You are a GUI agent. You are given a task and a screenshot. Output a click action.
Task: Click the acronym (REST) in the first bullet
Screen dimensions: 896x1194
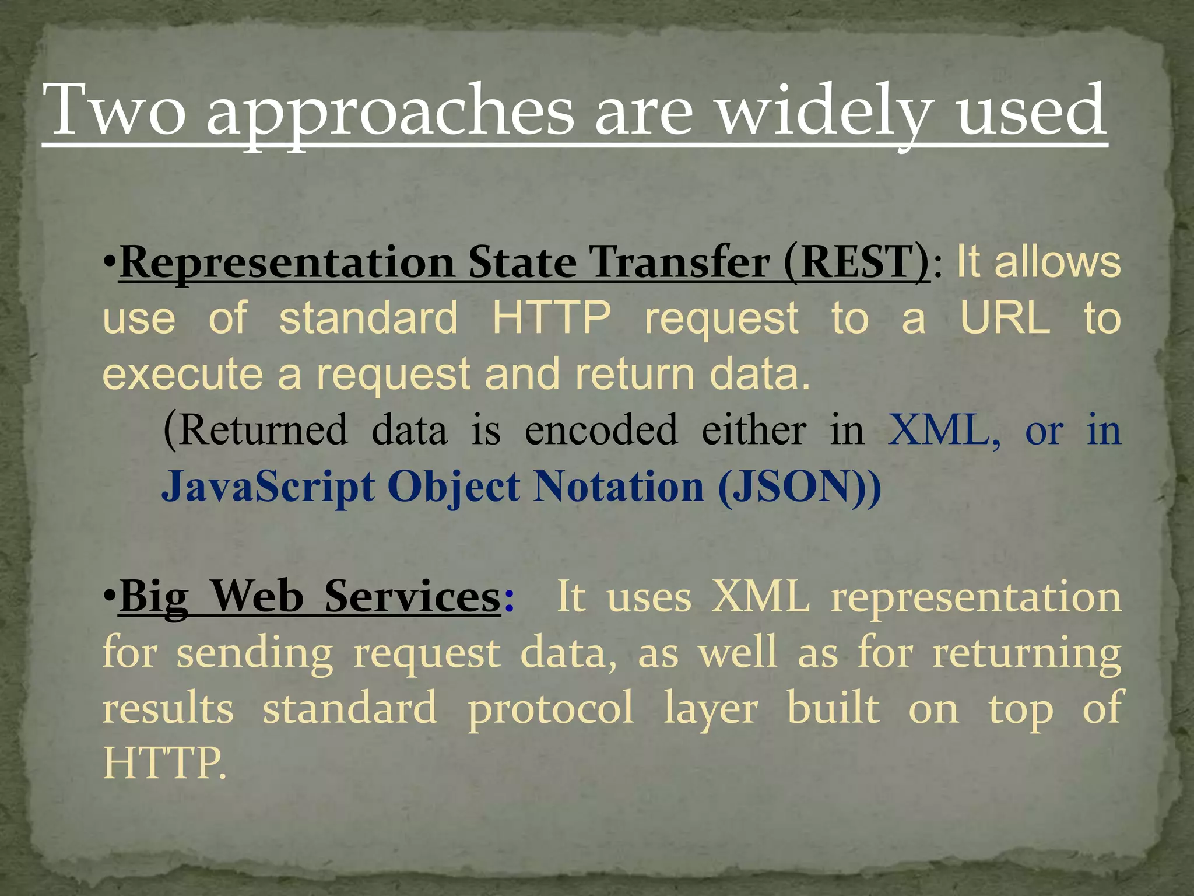856,262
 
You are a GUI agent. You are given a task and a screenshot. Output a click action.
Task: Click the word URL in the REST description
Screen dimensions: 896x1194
1005,318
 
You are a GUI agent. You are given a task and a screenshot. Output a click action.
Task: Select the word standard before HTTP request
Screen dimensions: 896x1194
368,318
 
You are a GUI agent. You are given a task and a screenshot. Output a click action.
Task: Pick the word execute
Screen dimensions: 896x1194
182,374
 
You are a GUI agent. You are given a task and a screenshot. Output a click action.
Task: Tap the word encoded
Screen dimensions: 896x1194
601,430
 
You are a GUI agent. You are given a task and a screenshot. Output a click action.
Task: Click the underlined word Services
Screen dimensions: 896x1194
412,597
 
